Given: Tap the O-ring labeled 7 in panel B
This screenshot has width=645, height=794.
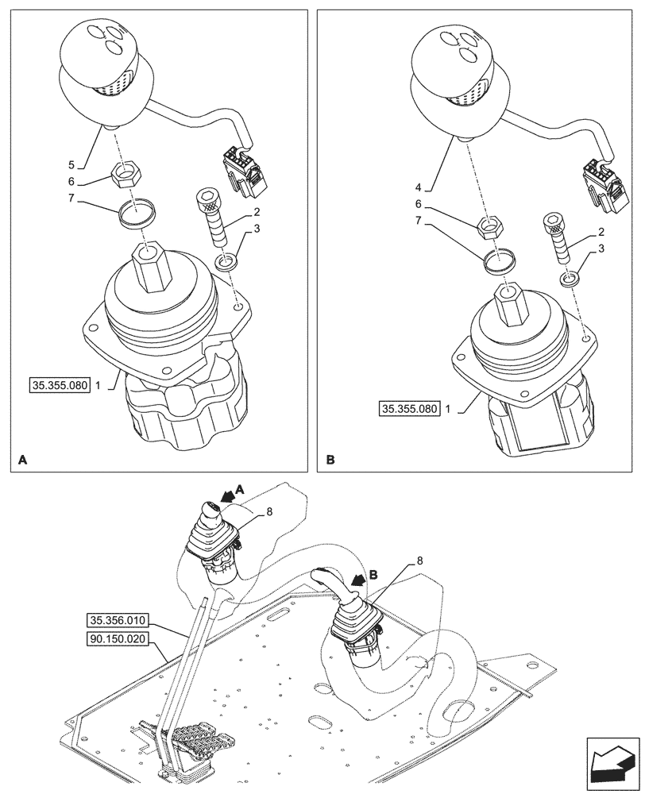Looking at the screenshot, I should (x=498, y=261).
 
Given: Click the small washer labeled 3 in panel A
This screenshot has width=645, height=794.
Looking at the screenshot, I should (x=227, y=262).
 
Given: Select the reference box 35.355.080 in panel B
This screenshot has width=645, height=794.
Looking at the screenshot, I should (x=409, y=410).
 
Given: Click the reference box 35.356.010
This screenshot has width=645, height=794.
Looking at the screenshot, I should (x=119, y=620).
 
